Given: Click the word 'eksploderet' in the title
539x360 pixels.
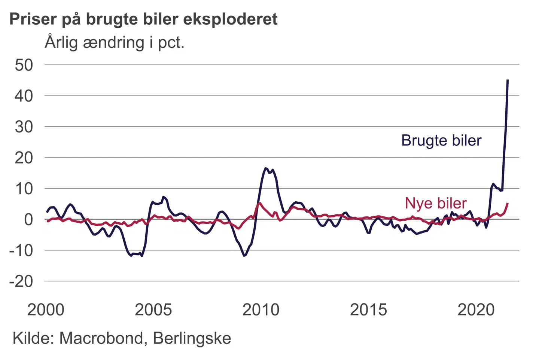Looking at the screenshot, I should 230,19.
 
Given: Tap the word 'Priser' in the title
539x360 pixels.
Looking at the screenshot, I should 33,19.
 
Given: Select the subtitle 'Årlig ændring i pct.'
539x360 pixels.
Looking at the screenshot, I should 115,42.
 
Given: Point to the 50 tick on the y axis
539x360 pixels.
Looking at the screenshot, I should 24,65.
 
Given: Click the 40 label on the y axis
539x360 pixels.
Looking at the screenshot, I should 24,96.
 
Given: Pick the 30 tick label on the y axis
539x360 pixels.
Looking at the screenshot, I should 24,127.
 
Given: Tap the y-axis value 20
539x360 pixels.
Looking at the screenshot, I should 24,158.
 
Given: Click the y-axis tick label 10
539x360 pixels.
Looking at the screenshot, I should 24,189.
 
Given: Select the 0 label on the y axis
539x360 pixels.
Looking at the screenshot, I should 28,219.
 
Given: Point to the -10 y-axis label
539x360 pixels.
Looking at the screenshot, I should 21,250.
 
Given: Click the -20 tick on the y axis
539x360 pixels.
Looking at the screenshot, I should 21,281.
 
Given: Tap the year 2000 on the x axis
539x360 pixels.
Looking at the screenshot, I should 46,310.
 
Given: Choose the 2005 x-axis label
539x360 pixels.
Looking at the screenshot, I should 153,310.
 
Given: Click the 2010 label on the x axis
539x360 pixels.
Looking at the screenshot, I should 261,310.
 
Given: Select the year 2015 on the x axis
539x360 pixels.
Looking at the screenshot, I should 368,310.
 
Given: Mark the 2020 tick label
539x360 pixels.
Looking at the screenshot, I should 476,310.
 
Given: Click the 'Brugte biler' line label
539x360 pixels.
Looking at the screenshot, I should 441,141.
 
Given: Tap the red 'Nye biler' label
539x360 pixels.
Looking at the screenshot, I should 436,203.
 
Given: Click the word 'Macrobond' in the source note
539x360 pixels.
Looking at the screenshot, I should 101,338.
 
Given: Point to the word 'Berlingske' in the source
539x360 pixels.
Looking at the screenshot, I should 192,338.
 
